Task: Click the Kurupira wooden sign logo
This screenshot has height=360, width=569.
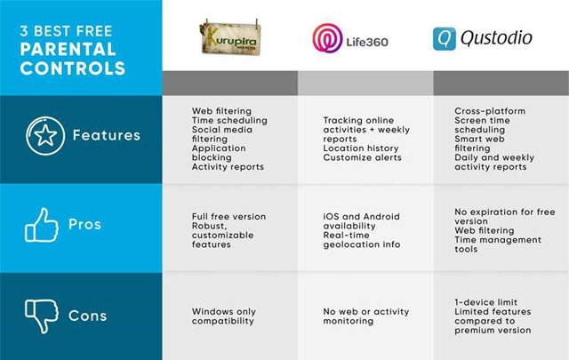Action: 230,37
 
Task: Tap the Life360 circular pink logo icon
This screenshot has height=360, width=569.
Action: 327,38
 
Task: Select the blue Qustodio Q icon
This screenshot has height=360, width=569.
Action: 445,39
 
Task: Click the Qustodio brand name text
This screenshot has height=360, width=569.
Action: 496,38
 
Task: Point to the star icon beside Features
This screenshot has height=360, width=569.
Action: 45,136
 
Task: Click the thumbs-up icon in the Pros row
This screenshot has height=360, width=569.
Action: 42,225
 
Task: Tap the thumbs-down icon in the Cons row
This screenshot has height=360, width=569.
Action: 42,316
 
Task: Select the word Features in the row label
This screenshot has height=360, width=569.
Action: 107,135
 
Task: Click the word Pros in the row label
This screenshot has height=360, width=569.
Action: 85,224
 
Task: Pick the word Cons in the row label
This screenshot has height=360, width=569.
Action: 88,316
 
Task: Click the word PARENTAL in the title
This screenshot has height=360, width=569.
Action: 68,50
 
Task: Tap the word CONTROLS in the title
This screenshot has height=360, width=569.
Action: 73,68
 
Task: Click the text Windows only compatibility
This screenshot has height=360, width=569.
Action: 224,316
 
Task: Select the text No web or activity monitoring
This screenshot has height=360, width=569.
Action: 366,316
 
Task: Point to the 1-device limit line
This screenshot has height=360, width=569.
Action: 486,302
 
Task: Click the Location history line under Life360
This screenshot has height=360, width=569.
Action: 361,148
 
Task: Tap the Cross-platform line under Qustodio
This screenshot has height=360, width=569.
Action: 490,111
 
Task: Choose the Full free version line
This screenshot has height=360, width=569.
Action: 229,216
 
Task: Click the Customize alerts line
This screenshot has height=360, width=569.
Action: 362,157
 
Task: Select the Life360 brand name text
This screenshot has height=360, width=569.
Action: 367,42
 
